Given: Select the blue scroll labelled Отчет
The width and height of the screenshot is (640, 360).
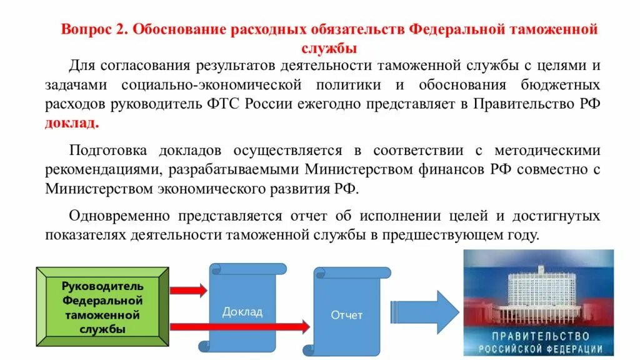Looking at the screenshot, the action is tap(347, 315).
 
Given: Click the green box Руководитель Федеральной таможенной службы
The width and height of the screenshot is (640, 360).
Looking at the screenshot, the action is tap(103, 307).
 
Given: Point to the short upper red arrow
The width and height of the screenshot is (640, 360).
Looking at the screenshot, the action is tap(188, 290).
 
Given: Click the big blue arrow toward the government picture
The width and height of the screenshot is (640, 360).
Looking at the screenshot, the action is tap(424, 307).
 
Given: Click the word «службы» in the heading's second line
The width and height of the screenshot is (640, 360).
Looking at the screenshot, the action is tap(329, 47).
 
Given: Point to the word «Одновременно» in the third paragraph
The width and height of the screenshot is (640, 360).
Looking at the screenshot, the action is tap(119, 216).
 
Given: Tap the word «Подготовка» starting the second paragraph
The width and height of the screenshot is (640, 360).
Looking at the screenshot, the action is tap(108, 151).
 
